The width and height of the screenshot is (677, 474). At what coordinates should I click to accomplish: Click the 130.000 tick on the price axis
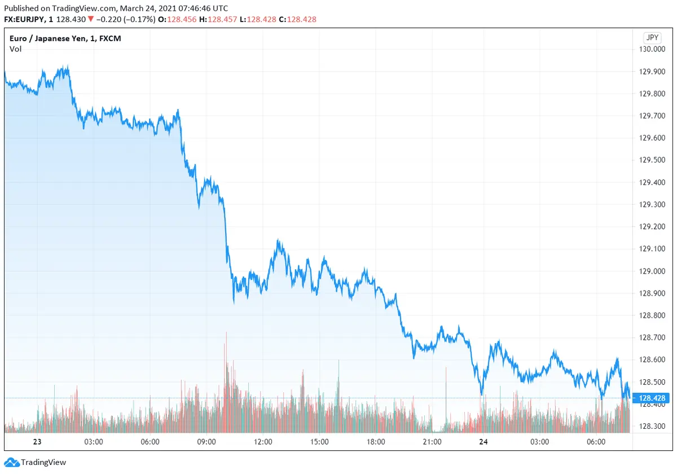click(x=652, y=49)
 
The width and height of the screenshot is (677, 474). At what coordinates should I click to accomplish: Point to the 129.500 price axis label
click(x=652, y=160)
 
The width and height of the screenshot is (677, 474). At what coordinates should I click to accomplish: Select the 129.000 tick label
click(x=652, y=271)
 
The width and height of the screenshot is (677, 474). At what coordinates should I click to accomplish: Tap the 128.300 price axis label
click(x=652, y=427)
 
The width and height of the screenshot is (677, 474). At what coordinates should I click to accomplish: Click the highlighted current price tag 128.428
click(x=653, y=398)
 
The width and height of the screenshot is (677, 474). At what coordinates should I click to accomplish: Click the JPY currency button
click(x=652, y=38)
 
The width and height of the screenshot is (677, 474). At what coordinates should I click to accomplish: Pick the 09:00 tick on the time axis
click(x=206, y=442)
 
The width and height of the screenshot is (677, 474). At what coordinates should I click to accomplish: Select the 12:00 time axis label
click(x=263, y=442)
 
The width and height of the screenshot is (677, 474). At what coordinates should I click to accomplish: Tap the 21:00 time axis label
click(x=432, y=442)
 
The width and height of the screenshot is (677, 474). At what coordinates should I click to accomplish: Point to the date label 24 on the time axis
click(x=483, y=442)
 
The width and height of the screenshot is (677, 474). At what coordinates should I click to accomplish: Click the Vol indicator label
click(x=15, y=49)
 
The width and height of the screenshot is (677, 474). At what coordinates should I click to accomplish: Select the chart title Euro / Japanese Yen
click(x=65, y=38)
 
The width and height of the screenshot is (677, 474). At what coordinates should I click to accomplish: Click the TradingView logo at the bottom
click(x=36, y=462)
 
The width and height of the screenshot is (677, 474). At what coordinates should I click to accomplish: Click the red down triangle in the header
click(x=90, y=19)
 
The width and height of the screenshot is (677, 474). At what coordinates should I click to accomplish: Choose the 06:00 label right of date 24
click(x=596, y=442)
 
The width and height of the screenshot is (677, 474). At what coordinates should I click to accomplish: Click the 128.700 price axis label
click(x=652, y=337)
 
